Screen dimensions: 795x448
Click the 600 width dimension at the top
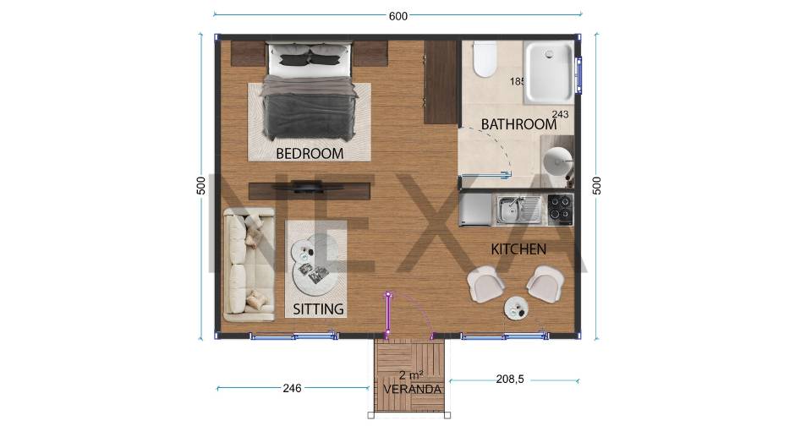pos(398,16)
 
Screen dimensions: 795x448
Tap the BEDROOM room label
pos(310,153)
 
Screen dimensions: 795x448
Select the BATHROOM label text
pos(518,124)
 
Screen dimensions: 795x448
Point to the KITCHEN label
pos(518,249)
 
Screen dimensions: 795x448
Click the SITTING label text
pos(318,309)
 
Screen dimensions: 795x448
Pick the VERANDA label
pos(412,389)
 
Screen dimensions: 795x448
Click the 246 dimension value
pos(292,388)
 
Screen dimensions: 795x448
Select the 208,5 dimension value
pos(510,379)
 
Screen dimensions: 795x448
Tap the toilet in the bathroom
pos(485,59)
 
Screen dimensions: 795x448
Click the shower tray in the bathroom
pos(549,74)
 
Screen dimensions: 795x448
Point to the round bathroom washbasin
pos(557,161)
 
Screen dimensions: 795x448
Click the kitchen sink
pos(518,210)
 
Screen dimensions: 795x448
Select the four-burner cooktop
pos(560,210)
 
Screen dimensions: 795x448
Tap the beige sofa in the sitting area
pos(249,265)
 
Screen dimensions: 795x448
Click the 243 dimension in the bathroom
pos(560,114)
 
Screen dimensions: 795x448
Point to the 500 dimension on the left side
pos(201,185)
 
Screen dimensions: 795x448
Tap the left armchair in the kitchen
pos(485,284)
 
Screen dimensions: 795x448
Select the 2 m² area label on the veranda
pos(411,375)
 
